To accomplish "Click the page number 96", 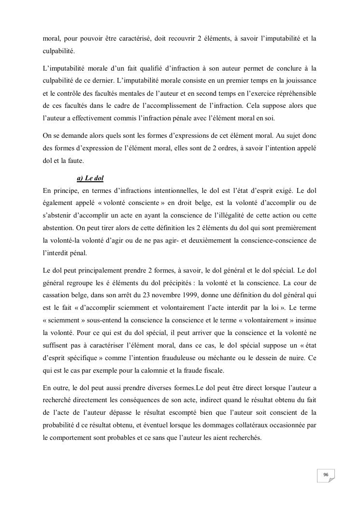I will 326,475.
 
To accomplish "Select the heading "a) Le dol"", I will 90,178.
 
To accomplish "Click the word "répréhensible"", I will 290,91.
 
